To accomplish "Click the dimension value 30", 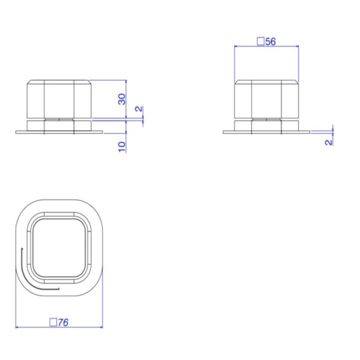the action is (x=122, y=99).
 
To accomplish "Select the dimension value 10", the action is (x=122, y=147).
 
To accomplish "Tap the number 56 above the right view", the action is (x=270, y=41).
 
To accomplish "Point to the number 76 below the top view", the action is (x=63, y=323).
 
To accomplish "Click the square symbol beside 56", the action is (x=260, y=41).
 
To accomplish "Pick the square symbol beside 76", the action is (x=53, y=322).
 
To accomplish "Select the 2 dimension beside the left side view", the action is (x=139, y=109).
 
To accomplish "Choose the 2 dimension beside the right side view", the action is (x=329, y=143).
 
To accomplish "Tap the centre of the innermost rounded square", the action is (x=60, y=248).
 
